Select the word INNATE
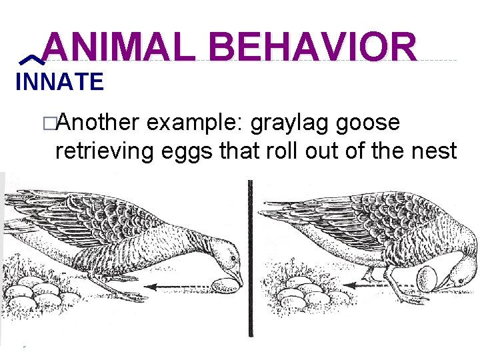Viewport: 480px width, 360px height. pos(59,83)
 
